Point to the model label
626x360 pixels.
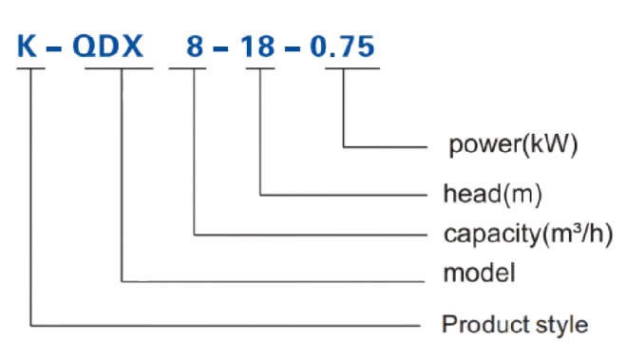(x=479, y=275)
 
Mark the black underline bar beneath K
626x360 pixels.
(x=28, y=68)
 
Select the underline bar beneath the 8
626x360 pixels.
(x=194, y=68)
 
